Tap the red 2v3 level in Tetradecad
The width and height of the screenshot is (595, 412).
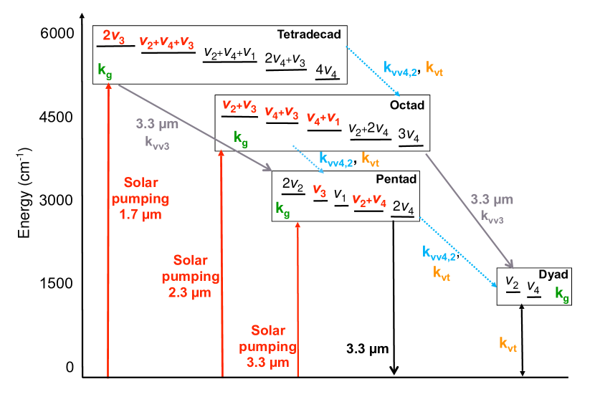tap(115, 36)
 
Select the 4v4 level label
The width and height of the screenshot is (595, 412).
tap(328, 70)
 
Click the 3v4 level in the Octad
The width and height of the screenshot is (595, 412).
tap(410, 135)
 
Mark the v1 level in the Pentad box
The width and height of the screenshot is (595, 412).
tap(341, 195)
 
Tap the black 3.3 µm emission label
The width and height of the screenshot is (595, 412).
tap(367, 350)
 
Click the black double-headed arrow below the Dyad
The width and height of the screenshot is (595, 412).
tap(523, 340)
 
